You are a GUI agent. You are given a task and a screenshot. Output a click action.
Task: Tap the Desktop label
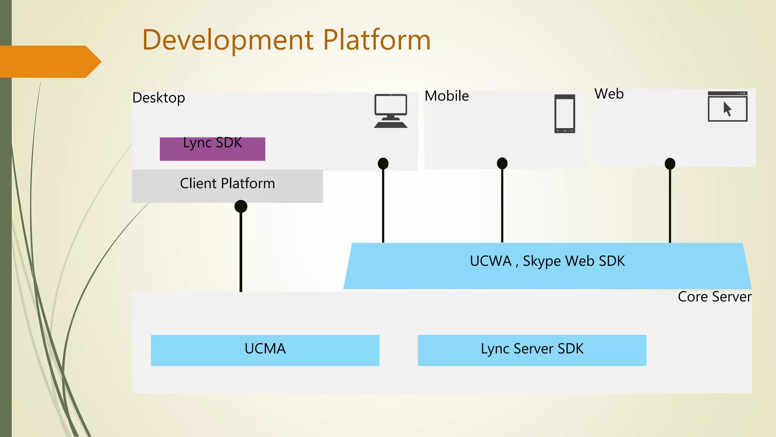coord(158,98)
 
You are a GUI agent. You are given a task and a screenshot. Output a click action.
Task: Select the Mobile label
coord(446,96)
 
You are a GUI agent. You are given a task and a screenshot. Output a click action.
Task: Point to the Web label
coord(609,94)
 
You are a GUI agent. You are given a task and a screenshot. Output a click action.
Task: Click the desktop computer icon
coord(391,111)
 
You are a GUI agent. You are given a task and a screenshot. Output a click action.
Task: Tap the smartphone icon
coord(565,114)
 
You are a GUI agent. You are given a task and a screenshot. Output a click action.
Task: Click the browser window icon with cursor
coord(727,107)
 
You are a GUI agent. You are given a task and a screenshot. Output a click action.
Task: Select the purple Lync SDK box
coord(212,149)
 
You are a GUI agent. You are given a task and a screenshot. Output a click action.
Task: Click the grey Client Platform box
coord(227,186)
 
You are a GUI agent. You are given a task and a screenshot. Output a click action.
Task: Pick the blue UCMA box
coord(265,350)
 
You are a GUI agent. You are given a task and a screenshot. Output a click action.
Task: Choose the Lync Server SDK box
coord(532,350)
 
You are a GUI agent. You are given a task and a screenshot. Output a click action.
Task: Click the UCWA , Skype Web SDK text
coord(547,261)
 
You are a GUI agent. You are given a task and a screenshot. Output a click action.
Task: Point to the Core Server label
coord(714,297)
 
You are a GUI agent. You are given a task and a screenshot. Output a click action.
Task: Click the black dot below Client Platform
coord(241,206)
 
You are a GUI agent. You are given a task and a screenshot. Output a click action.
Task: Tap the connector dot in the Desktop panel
coord(383,163)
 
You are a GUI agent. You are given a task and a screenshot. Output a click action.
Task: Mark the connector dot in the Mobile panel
coord(502,163)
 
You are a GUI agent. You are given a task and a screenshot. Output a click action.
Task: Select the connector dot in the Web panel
coord(670,163)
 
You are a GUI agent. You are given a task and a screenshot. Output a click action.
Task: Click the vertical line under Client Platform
coord(241,254)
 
